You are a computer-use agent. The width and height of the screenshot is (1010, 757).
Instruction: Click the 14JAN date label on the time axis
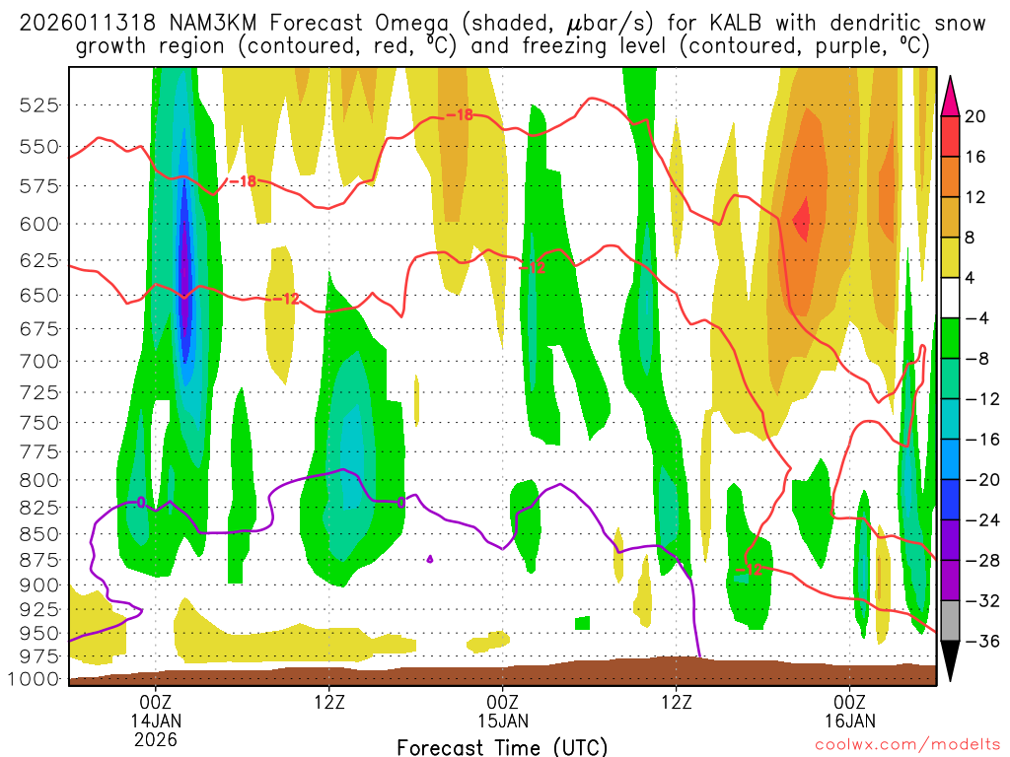click(157, 720)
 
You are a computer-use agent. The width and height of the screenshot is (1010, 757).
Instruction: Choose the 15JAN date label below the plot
click(503, 720)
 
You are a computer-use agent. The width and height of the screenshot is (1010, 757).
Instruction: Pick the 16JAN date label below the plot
click(850, 720)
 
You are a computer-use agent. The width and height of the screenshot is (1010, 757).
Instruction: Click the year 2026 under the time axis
click(157, 738)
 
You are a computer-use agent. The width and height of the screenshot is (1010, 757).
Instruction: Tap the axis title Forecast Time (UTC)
click(502, 746)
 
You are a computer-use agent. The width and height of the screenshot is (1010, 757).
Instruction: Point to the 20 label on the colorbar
click(975, 116)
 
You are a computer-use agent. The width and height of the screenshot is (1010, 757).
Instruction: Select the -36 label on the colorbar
click(979, 641)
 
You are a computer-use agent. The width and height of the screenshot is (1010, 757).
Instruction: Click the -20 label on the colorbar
click(979, 479)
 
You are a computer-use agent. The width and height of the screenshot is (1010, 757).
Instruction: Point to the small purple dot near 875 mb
click(429, 559)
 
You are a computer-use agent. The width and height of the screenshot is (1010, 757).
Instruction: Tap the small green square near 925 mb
click(582, 623)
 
